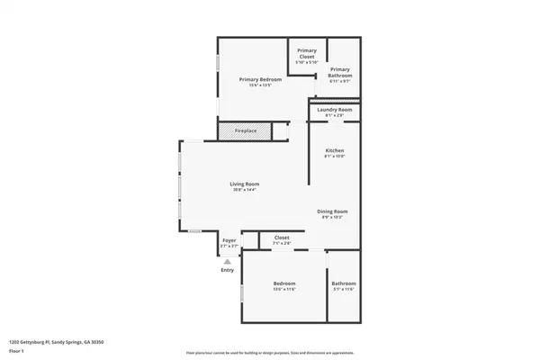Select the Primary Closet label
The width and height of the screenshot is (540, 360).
pyautogui.click(x=307, y=53)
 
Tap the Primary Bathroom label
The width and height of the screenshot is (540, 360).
pyautogui.click(x=339, y=72)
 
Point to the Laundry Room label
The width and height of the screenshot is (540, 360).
pyautogui.click(x=335, y=110)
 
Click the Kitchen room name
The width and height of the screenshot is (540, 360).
pyautogui.click(x=335, y=149)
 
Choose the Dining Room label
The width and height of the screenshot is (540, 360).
pyautogui.click(x=332, y=211)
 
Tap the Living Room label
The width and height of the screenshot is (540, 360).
pyautogui.click(x=245, y=184)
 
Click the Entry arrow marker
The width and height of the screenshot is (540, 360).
pyautogui.click(x=227, y=262)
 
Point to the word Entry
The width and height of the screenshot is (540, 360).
pyautogui.click(x=227, y=270)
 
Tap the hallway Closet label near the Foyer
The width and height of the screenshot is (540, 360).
pyautogui.click(x=282, y=238)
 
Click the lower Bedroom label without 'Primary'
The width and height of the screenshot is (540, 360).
pyautogui.click(x=284, y=283)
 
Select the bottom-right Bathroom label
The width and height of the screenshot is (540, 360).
pyautogui.click(x=344, y=283)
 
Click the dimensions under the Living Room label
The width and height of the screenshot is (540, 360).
pyautogui.click(x=245, y=191)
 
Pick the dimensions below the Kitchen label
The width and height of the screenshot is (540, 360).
pyautogui.click(x=335, y=156)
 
